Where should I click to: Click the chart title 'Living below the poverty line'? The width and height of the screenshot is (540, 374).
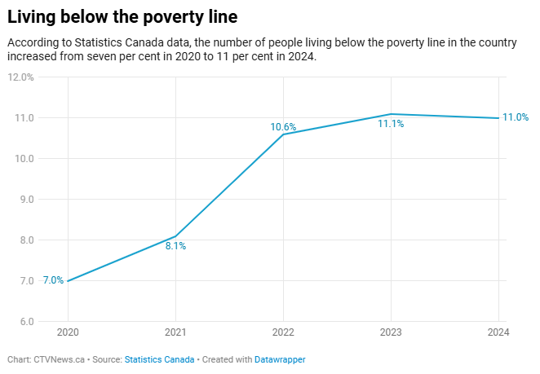[129, 16]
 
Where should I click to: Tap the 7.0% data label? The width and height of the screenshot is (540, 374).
[53, 280]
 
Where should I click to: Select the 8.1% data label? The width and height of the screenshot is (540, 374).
[175, 246]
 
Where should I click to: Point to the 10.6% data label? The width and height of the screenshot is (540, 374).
[283, 127]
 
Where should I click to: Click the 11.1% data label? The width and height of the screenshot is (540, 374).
[391, 125]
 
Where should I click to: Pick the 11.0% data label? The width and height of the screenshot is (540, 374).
[516, 117]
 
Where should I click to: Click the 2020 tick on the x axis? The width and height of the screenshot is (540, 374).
[68, 332]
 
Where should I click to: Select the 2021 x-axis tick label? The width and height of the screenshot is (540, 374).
[175, 332]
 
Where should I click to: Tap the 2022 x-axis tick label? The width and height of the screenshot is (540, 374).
[283, 332]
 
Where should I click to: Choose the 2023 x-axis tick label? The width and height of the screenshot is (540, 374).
[391, 332]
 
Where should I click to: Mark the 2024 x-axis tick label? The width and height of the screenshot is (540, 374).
[498, 332]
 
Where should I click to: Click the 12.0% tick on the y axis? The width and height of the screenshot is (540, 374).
[20, 77]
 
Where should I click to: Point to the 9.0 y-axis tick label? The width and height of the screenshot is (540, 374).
[26, 200]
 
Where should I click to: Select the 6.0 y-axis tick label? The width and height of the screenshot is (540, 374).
[26, 322]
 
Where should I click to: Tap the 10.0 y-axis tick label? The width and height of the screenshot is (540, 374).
[24, 159]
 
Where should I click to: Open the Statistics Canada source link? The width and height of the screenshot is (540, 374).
[159, 359]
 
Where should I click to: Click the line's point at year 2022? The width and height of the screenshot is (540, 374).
[283, 134]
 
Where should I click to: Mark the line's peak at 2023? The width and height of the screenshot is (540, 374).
[391, 114]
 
